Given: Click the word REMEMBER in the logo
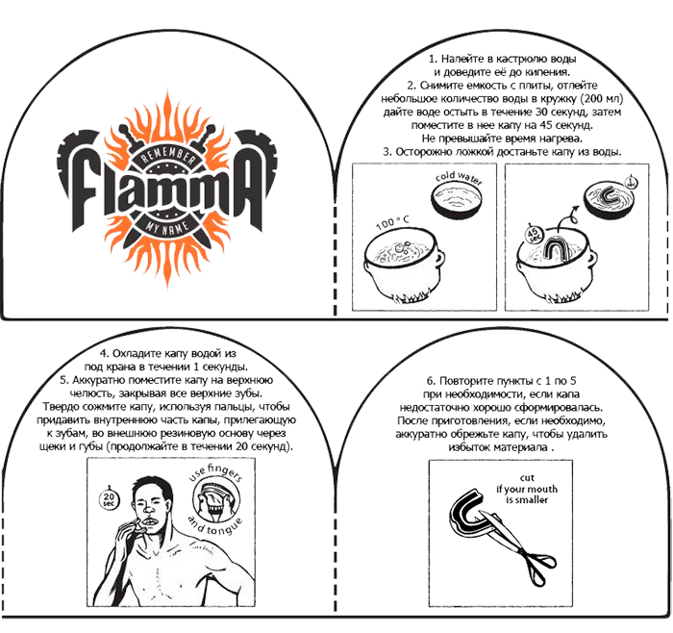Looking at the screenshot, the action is point(167,158).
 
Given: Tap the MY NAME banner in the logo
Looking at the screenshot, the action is point(167,226).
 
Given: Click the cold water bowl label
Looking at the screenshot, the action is point(459,177).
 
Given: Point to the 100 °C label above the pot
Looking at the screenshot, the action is point(392,222).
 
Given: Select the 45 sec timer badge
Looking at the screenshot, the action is point(534,235).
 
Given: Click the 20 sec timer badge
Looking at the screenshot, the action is point(109,498).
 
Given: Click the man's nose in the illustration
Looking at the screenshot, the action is point(148,509).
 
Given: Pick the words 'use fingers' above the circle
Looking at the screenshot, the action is point(216,471).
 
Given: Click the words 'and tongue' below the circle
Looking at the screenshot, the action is point(215,525).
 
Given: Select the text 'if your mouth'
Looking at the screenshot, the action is point(527,489).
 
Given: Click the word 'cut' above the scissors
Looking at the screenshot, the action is point(527,477).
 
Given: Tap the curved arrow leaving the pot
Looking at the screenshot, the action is point(567,216).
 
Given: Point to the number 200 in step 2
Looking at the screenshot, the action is point(592,98).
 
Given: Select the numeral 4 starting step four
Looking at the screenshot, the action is point(103,353).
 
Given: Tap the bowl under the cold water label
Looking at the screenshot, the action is point(457,200).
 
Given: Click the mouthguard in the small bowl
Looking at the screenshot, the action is point(607,196).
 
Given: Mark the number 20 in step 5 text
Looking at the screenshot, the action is point(241,446).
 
